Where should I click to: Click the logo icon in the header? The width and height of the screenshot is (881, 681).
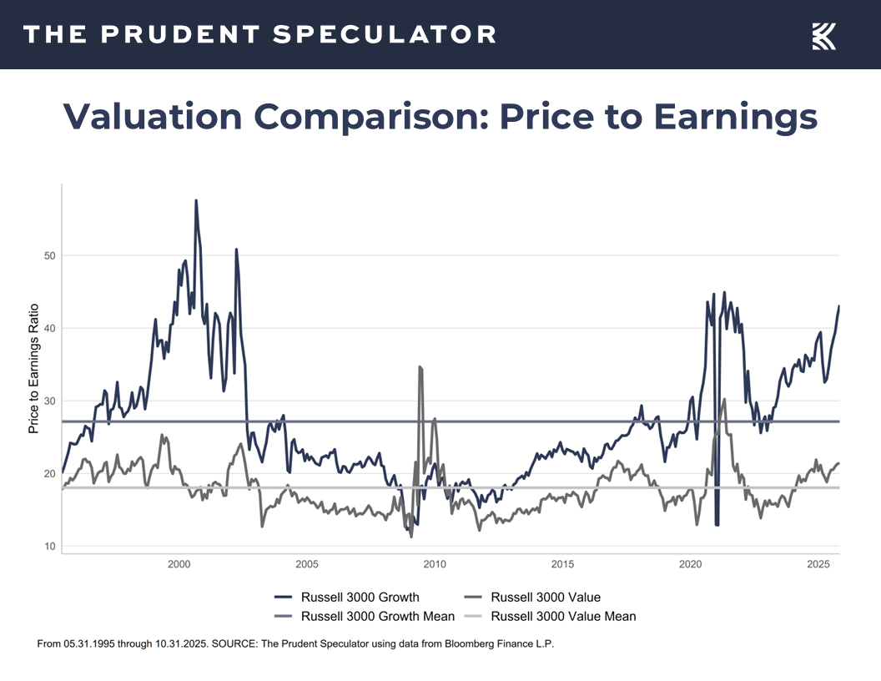tap(823, 36)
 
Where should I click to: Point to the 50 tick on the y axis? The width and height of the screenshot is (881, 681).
tap(49, 255)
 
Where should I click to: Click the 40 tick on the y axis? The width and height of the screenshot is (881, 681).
tap(49, 328)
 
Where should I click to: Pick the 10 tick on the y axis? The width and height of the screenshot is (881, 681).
tap(49, 547)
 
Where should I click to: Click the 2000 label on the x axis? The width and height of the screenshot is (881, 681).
tap(179, 565)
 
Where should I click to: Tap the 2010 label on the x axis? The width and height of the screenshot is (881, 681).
tap(435, 565)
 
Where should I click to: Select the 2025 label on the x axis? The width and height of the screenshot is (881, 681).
tap(818, 565)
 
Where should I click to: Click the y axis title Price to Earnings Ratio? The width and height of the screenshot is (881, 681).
tap(34, 367)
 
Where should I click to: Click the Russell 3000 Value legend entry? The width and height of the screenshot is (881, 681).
tap(546, 597)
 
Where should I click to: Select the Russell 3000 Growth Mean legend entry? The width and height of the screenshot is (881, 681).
tap(377, 617)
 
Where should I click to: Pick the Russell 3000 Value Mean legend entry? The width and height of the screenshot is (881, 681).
tap(563, 617)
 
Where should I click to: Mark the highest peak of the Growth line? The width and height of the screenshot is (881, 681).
tap(196, 200)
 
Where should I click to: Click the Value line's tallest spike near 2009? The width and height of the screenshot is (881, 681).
tap(420, 366)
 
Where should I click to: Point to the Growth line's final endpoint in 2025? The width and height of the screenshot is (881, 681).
tap(838, 306)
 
